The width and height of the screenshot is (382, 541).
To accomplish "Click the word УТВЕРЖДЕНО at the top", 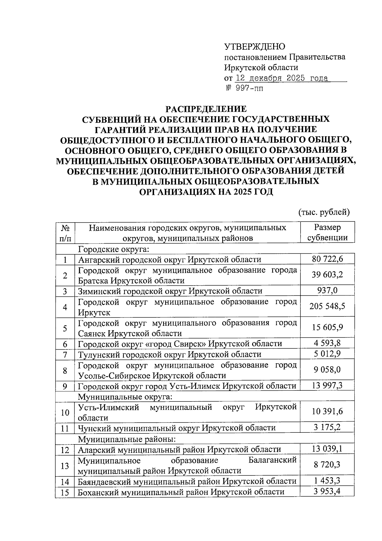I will coord(255,47).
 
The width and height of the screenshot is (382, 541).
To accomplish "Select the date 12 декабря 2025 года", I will coord(281,78).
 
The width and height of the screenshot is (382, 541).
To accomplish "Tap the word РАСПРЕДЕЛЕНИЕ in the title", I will coord(206,109).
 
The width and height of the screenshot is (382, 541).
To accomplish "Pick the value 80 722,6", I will coord(327,259).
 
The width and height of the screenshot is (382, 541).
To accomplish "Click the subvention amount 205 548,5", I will coord(327,306).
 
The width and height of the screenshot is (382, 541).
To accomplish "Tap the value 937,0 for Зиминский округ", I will coord(327,290).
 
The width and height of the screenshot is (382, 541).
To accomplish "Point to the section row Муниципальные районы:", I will coord(127,439).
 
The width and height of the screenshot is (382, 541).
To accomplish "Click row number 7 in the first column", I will coord(65,354).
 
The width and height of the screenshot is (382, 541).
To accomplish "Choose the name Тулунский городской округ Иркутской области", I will coord(170,354).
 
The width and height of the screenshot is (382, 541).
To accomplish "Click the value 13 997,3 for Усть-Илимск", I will coord(327,386).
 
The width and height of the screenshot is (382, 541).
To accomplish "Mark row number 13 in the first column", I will coord(65,466).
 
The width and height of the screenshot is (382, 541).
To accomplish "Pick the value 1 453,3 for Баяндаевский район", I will coord(327,480).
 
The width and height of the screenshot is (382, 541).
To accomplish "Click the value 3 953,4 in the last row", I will coord(327,491).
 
